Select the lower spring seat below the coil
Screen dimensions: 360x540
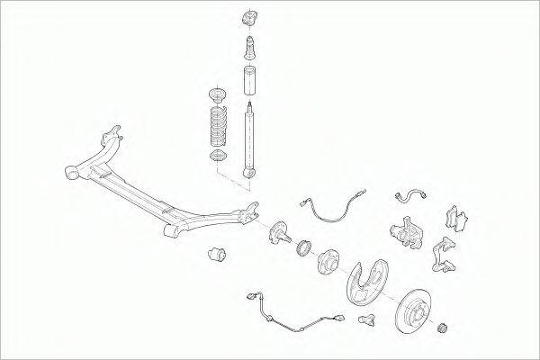(218, 158)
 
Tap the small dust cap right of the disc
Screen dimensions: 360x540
(442, 328)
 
